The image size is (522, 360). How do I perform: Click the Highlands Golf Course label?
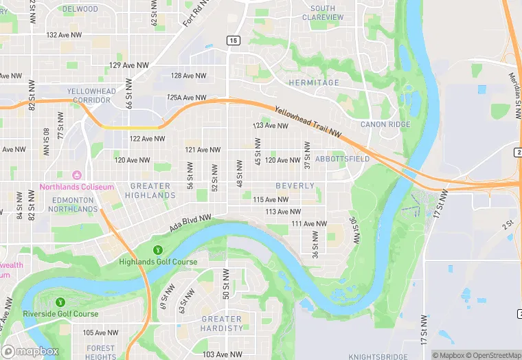(x=158, y=262)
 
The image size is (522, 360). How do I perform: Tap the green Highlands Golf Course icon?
(x=158, y=249)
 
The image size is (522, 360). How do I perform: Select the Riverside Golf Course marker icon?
(x=59, y=302)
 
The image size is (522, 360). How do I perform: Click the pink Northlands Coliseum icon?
(x=76, y=175)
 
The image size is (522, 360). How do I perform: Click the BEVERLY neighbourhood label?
(x=295, y=186)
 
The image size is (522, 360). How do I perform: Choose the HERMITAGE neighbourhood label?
(x=314, y=82)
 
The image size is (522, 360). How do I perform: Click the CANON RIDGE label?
(x=385, y=124)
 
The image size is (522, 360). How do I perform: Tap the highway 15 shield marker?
(x=234, y=41)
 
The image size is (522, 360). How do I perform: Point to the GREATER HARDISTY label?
(x=222, y=324)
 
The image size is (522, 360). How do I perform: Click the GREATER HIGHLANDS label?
(x=150, y=190)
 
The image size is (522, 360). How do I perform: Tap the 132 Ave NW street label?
(x=64, y=34)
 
